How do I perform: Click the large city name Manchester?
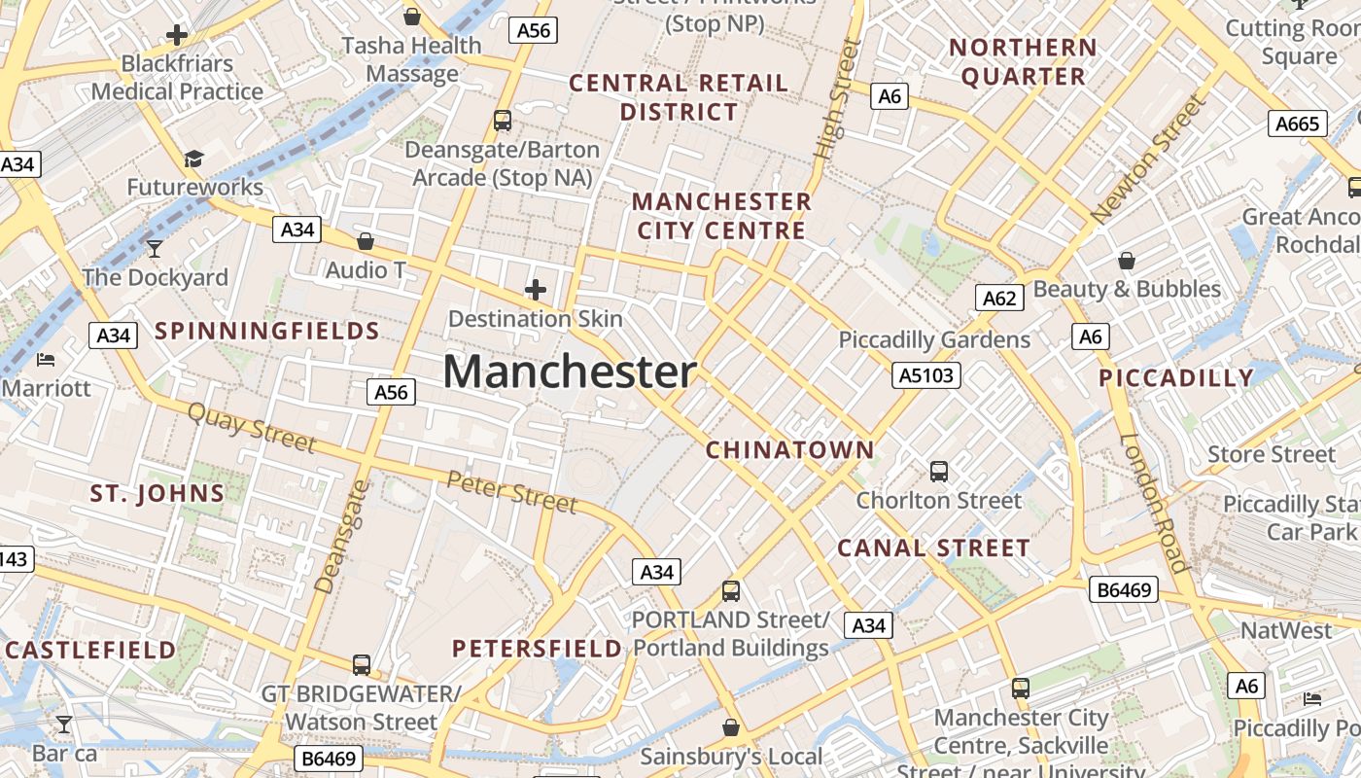[570, 371]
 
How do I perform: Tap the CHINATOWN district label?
[790, 450]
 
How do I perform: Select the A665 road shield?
[1298, 124]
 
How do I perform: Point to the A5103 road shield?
[926, 375]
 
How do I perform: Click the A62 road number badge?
[999, 298]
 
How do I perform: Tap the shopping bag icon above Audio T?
[366, 241]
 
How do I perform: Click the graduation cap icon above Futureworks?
[194, 159]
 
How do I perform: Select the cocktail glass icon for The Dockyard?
[155, 249]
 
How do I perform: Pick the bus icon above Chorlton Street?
[939, 472]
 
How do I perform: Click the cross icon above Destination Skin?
[536, 290]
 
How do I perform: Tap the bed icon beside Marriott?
[46, 360]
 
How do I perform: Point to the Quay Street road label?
[252, 428]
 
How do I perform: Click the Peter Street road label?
[512, 491]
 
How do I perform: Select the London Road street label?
[1154, 503]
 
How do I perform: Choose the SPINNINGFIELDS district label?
[267, 332]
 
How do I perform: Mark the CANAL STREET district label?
[933, 548]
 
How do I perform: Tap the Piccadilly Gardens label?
[934, 339]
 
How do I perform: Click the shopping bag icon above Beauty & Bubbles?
[1127, 261]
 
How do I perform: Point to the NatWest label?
[1286, 631]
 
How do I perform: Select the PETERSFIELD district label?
[537, 649]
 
